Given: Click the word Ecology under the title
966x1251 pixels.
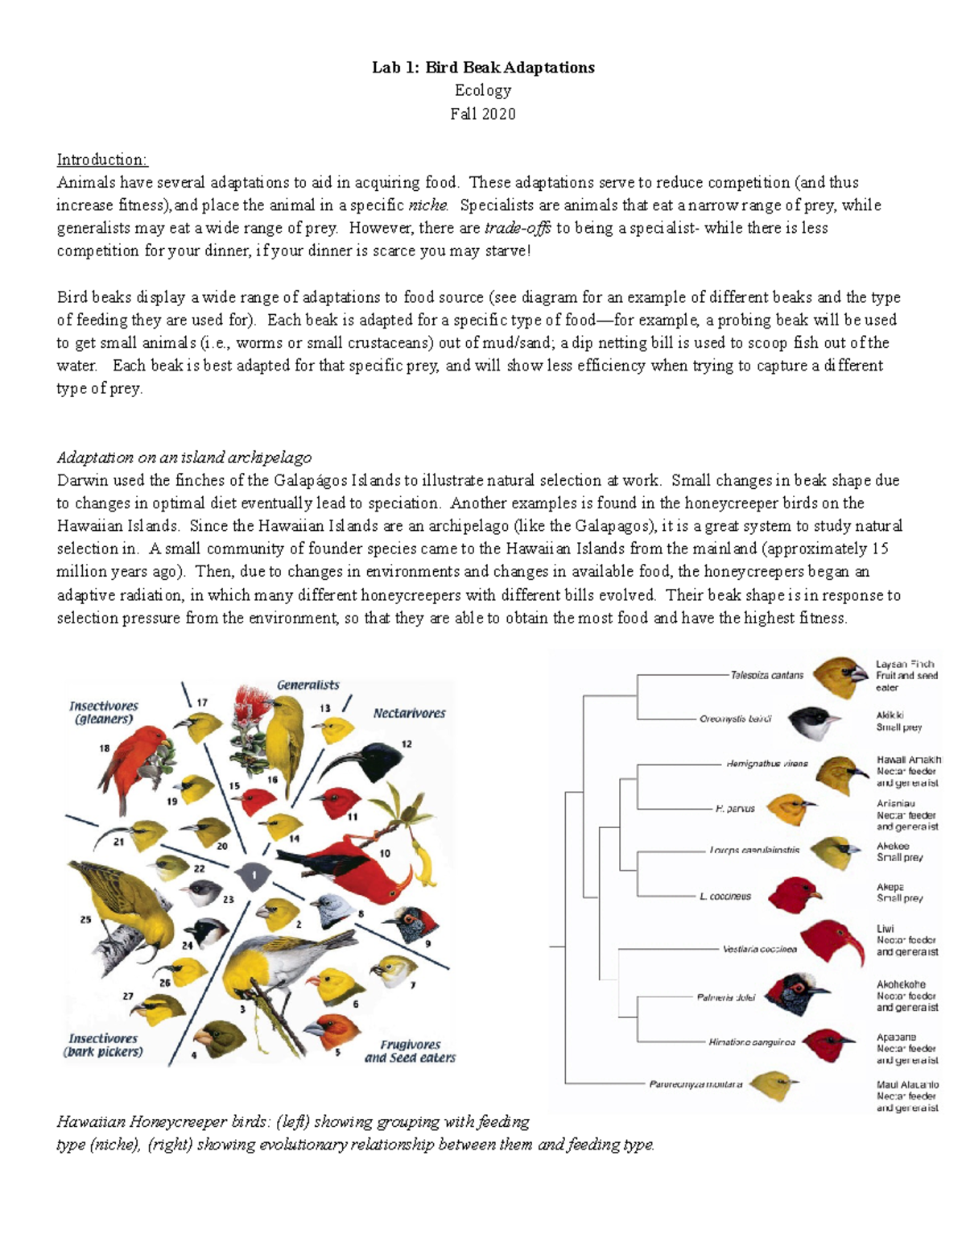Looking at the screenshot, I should click(x=482, y=90).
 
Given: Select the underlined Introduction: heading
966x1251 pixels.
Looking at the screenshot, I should click(x=101, y=159).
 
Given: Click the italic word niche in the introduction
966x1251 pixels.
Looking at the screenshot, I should click(x=427, y=205).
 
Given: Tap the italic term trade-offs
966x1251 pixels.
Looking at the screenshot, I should click(x=518, y=228).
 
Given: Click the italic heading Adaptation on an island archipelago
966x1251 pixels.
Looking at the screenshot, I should click(x=184, y=458).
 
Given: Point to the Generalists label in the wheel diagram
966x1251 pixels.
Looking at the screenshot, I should click(x=308, y=685).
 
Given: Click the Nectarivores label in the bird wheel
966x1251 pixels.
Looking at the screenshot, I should click(x=409, y=713).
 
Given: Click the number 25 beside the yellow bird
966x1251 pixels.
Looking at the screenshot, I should click(x=85, y=919).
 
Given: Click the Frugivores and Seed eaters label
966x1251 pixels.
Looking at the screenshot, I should click(x=410, y=1051).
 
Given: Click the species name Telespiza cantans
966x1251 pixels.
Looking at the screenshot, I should click(x=766, y=675).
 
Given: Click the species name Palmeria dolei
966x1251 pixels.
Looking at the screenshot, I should click(x=725, y=997).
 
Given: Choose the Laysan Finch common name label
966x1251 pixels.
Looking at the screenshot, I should click(x=905, y=665).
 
